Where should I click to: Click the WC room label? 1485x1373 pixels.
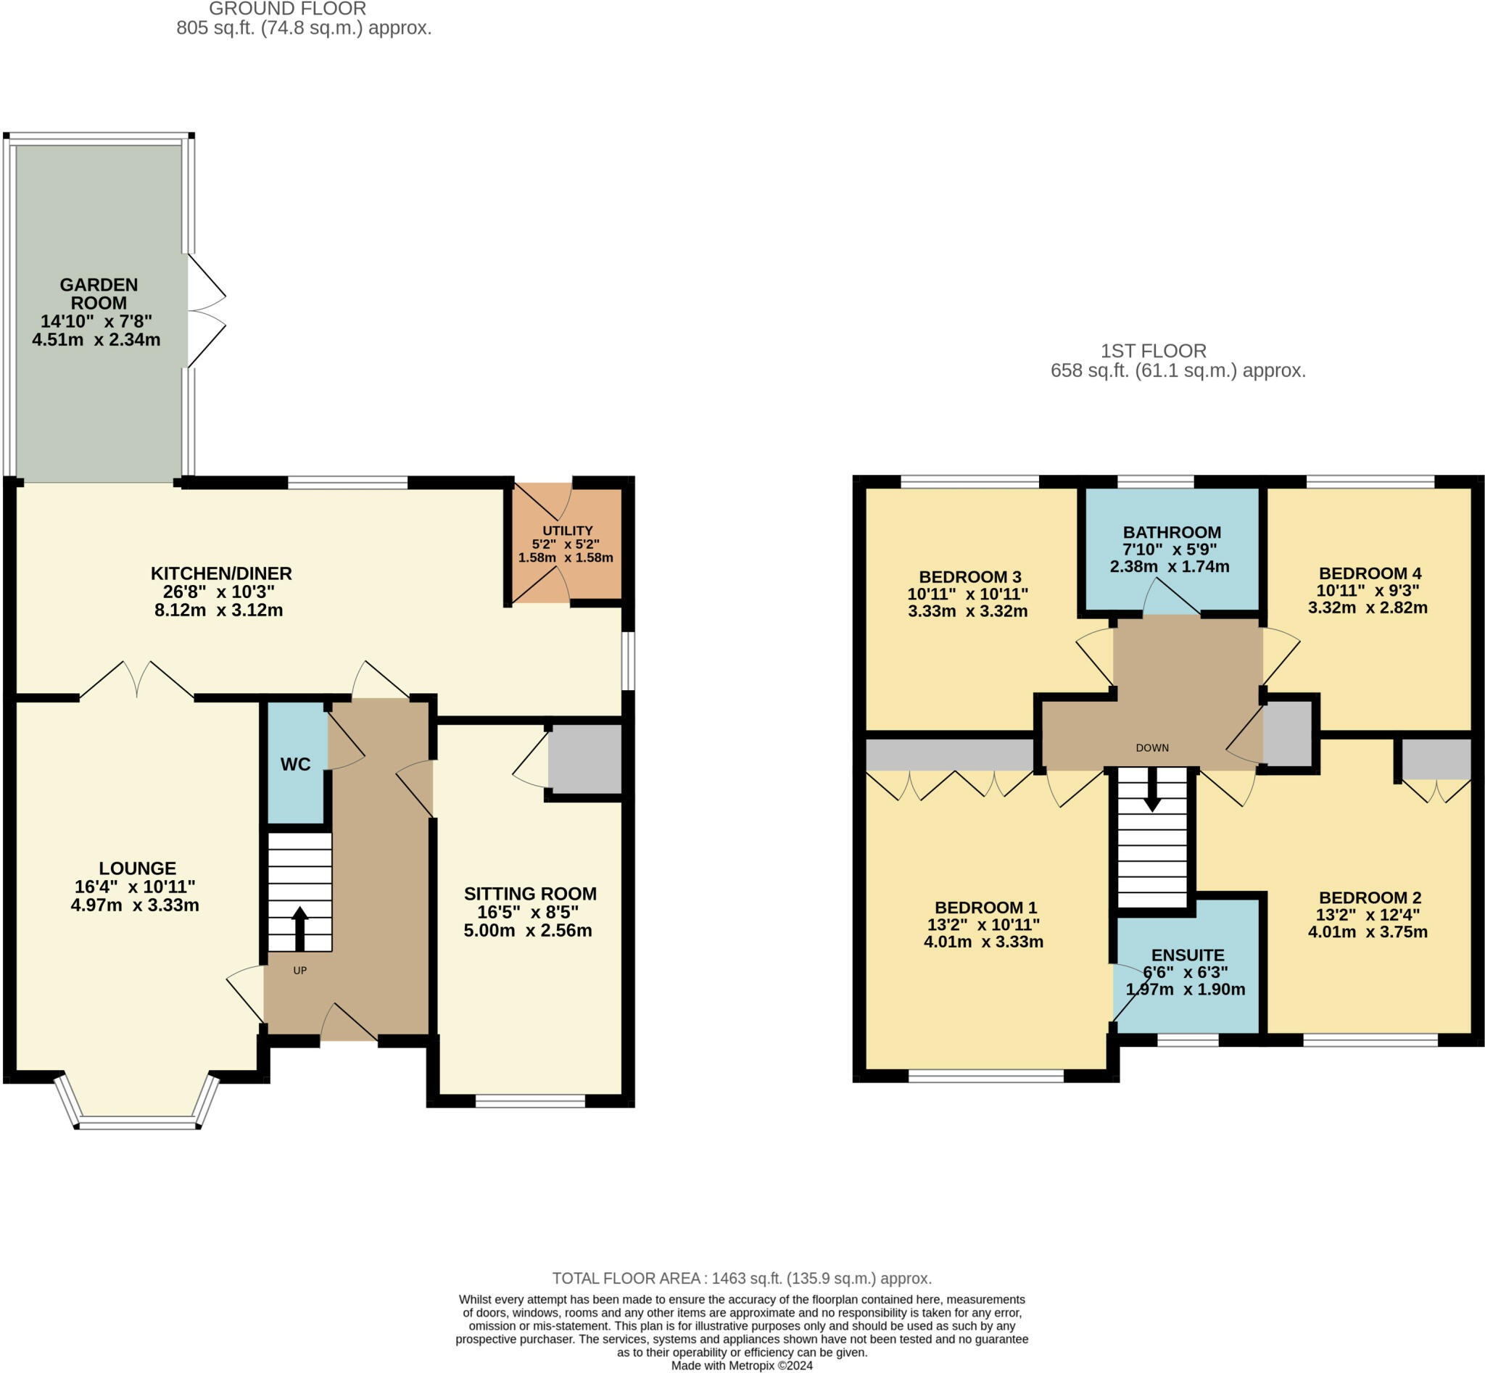pyautogui.click(x=295, y=765)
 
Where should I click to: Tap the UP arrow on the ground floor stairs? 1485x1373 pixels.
pyautogui.click(x=299, y=929)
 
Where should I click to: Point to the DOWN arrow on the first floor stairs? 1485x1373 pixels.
pyautogui.click(x=1152, y=789)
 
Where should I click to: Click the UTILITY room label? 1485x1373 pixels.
pyautogui.click(x=567, y=531)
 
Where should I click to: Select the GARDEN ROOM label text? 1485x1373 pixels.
pyautogui.click(x=99, y=294)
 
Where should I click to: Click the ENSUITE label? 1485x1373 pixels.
pyautogui.click(x=1188, y=955)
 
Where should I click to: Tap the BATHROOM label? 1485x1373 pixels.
pyautogui.click(x=1172, y=532)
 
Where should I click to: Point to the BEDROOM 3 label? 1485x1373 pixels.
pyautogui.click(x=970, y=576)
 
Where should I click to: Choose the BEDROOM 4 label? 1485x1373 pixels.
pyautogui.click(x=1370, y=573)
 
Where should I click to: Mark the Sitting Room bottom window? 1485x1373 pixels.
pyautogui.click(x=530, y=1101)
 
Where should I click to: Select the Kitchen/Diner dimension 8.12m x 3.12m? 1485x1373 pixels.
pyautogui.click(x=218, y=610)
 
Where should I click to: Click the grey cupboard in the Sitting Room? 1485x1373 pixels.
pyautogui.click(x=585, y=759)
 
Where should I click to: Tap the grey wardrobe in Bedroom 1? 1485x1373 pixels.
pyautogui.click(x=950, y=755)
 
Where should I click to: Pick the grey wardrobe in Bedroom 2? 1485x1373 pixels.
pyautogui.click(x=1436, y=758)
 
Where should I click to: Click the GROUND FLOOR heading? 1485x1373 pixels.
pyautogui.click(x=287, y=9)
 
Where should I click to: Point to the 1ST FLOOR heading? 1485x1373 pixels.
pyautogui.click(x=1154, y=351)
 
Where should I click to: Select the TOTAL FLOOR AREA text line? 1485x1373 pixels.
pyautogui.click(x=742, y=1278)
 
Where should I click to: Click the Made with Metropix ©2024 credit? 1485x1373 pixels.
pyautogui.click(x=742, y=1366)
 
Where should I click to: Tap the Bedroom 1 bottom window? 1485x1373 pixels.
pyautogui.click(x=986, y=1076)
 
